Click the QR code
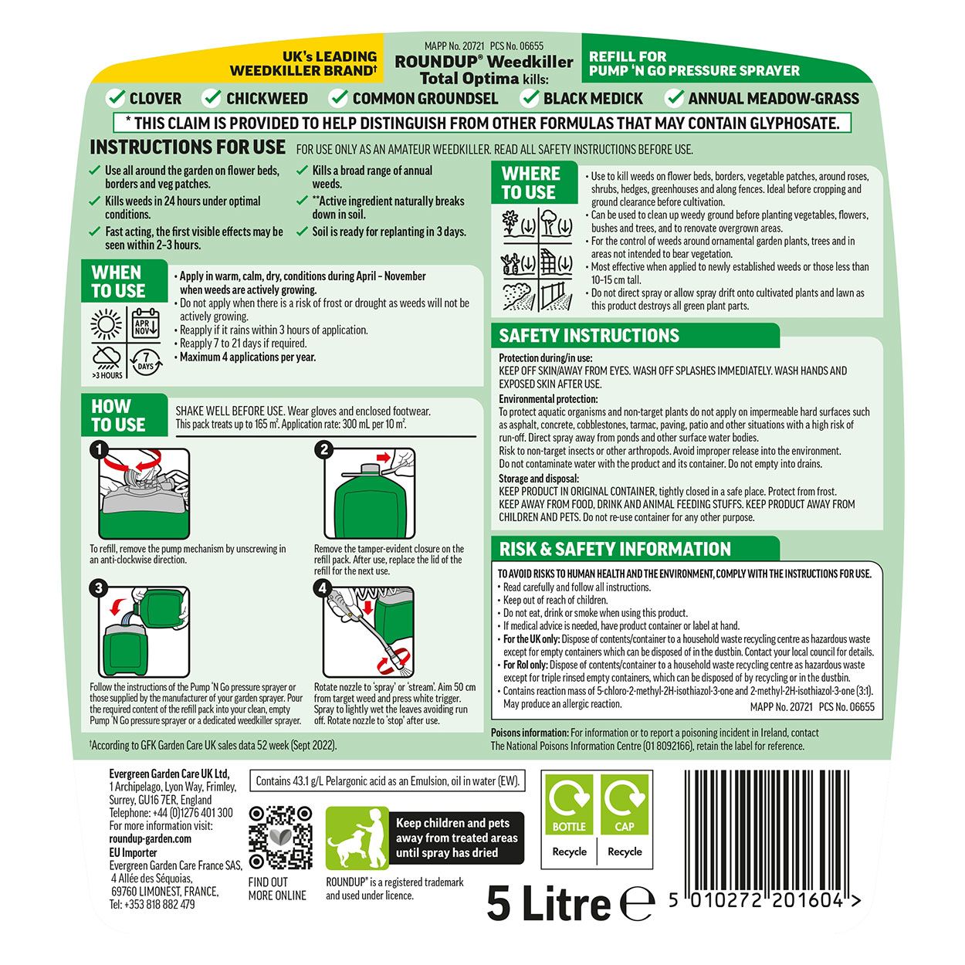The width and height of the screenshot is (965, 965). click(280, 837)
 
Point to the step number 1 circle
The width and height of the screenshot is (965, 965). click(98, 449)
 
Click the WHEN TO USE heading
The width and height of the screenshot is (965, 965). click(118, 282)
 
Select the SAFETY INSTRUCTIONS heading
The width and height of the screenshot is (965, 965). click(589, 336)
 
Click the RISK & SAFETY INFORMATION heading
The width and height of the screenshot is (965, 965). click(615, 550)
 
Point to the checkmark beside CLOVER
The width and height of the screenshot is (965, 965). click(116, 98)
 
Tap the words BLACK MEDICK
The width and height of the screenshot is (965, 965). click(593, 99)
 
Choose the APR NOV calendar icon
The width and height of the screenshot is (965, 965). click(145, 323)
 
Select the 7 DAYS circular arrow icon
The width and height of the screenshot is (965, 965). click(146, 362)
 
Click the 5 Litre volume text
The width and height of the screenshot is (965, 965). click(549, 903)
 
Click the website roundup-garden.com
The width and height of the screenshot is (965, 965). click(150, 839)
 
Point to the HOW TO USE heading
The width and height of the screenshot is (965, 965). click(118, 415)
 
